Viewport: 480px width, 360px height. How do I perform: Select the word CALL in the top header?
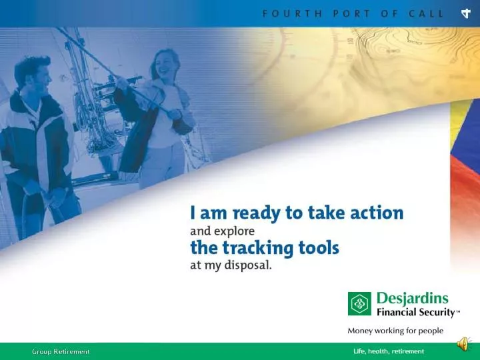pyautogui.click(x=425, y=13)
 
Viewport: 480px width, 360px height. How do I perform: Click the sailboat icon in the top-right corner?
pyautogui.click(x=465, y=13)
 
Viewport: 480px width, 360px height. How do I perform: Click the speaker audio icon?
pyautogui.click(x=462, y=344)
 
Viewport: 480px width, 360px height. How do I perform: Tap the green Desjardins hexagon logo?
pyautogui.click(x=359, y=304)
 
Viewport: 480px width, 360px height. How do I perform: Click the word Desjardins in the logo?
pyautogui.click(x=412, y=298)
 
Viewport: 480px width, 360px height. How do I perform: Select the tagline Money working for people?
pyautogui.click(x=395, y=330)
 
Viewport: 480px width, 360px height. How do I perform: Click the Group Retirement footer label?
pyautogui.click(x=61, y=351)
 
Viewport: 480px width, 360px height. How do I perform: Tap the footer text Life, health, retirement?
pyautogui.click(x=388, y=351)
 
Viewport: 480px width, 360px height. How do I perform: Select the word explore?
pyautogui.click(x=233, y=231)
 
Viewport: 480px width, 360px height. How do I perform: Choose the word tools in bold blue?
pyautogui.click(x=319, y=249)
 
